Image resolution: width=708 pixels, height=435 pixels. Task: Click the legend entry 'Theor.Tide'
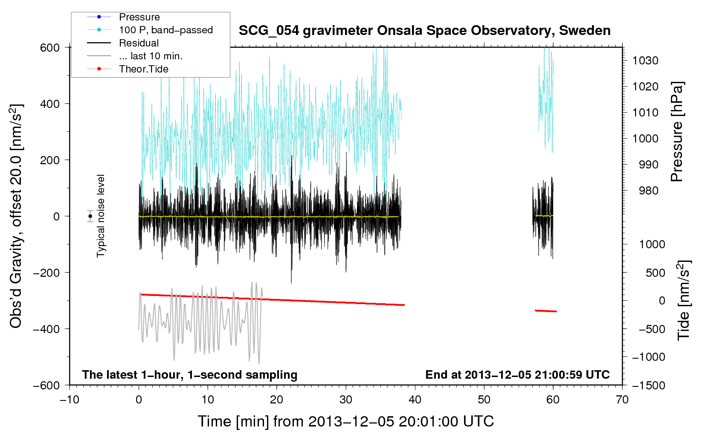pos(143,69)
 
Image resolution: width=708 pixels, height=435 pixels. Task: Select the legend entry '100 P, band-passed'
pos(166,30)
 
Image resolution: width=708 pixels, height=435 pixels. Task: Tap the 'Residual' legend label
pos(139,43)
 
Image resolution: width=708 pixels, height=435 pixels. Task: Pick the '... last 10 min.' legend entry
pos(151,56)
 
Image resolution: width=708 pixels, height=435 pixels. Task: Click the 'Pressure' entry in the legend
pos(139,17)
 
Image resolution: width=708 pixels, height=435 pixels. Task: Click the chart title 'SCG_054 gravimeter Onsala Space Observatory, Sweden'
pos(424,31)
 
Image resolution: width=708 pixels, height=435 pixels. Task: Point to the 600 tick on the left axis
pos(49,48)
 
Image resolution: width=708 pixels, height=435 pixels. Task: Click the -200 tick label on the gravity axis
pos(46,273)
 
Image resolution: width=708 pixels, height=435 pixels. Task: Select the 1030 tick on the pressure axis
pos(645,61)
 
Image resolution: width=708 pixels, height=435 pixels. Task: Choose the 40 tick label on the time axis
pos(415,400)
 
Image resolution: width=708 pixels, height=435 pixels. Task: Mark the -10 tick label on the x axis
pos(70,400)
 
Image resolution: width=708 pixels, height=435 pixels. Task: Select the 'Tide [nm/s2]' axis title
pos(684,300)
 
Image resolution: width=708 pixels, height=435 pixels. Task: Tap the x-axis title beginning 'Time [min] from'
pos(345,421)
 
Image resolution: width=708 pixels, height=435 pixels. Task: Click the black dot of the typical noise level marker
pos(90,216)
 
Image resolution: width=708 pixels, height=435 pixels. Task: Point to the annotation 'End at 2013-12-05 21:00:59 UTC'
pos(517,374)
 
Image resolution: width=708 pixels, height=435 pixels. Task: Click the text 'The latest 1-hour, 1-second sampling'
pos(190,374)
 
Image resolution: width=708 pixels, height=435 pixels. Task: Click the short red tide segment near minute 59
pos(546,311)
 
